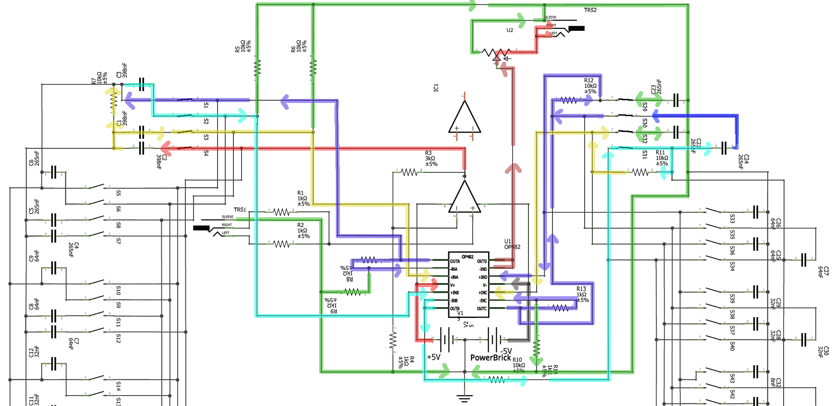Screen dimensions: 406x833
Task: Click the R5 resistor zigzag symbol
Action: point(257,68)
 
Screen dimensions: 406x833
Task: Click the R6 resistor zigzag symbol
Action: point(313,68)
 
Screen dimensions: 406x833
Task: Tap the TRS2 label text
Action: point(590,10)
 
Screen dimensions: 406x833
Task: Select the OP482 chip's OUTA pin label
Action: point(455,261)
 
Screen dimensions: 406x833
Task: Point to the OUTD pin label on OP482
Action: point(482,261)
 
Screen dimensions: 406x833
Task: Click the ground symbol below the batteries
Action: point(465,399)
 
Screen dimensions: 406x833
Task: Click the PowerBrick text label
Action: point(490,357)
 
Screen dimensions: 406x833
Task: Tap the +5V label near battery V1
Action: point(434,357)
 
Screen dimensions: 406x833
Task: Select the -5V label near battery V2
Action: point(506,351)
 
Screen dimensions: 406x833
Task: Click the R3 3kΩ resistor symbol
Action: point(409,172)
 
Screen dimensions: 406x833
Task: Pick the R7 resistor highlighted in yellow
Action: point(114,100)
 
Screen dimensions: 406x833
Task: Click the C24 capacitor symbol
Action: point(724,148)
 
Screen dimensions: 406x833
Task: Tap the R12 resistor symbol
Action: point(569,100)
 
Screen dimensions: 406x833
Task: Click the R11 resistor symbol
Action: point(640,172)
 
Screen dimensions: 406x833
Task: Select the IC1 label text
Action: point(436,88)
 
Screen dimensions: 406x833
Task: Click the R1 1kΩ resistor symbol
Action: point(281,212)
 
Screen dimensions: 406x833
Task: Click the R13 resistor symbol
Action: point(561,308)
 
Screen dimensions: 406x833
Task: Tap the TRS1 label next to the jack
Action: point(240,210)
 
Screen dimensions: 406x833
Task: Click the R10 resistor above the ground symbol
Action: point(497,379)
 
